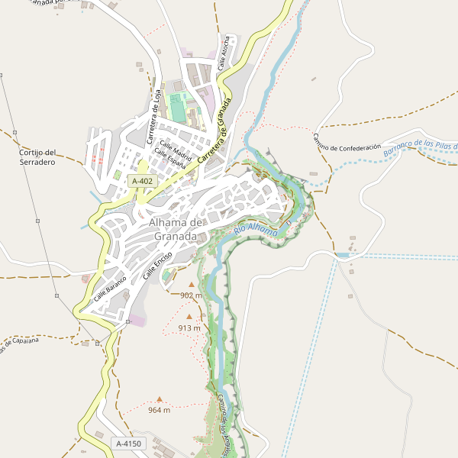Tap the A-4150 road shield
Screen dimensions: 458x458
127,443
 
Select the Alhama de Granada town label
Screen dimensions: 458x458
177,229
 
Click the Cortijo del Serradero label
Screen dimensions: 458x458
37,157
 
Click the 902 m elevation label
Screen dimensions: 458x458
191,295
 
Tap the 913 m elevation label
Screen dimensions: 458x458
189,328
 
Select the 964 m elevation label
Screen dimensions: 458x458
159,410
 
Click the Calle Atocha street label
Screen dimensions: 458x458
225,53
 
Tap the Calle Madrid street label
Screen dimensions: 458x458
175,146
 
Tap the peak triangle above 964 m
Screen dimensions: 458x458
159,398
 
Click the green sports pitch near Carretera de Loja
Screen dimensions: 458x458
178,107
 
